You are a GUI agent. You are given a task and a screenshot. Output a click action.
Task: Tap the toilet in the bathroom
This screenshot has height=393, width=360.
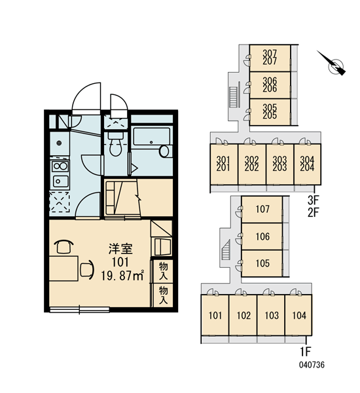[x=115, y=144]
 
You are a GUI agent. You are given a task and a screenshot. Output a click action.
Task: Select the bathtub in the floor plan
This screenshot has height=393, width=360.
[x=152, y=136]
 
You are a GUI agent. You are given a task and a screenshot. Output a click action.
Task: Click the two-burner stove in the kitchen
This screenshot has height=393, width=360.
[x=60, y=166]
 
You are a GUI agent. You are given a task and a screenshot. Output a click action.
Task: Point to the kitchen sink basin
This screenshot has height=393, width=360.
[x=60, y=181]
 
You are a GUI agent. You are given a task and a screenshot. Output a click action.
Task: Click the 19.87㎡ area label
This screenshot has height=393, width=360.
[x=122, y=276]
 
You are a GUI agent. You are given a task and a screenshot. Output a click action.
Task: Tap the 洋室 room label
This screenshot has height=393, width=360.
[x=120, y=249]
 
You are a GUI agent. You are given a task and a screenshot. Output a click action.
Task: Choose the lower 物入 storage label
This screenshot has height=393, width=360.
[x=163, y=295]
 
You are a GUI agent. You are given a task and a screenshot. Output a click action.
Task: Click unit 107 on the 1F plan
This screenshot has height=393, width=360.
[x=262, y=209]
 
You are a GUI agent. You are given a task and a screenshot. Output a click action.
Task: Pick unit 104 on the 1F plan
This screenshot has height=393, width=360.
[x=299, y=315]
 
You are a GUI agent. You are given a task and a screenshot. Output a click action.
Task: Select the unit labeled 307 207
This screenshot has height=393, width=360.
[x=270, y=58]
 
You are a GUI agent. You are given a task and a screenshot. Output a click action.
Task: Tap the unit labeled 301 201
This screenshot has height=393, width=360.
[x=223, y=163]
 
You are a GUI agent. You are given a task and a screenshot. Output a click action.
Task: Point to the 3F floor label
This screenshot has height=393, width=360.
[x=313, y=200]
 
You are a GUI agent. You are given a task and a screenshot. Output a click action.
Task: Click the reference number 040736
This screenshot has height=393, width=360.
[x=312, y=365]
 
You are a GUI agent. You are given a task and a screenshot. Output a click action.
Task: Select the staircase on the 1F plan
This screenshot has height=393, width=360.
[x=226, y=250]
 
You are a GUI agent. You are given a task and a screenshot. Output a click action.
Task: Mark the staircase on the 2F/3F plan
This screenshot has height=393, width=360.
[x=234, y=97]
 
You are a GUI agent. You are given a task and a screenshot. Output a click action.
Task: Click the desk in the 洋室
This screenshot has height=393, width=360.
[x=63, y=269]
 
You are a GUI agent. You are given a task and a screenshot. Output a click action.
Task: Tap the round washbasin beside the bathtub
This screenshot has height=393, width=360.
[x=164, y=151]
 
